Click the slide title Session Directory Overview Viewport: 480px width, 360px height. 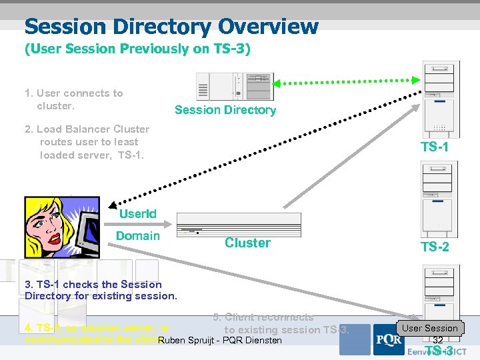(171, 27)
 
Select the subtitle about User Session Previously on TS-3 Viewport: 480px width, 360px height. (137, 49)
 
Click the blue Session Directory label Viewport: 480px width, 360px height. (225, 110)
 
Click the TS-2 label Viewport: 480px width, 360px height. (435, 247)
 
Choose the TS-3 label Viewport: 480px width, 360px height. (439, 351)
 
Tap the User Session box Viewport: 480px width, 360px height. (430, 328)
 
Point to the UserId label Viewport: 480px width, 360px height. (138, 213)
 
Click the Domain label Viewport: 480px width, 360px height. (138, 235)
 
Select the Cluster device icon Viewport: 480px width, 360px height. (238, 225)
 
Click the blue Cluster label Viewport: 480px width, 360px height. (247, 243)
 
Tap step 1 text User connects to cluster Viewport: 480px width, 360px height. (73, 99)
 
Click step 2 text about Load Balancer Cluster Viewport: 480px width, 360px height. (87, 142)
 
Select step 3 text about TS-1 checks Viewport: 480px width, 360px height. (101, 289)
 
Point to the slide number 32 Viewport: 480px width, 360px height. (438, 340)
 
